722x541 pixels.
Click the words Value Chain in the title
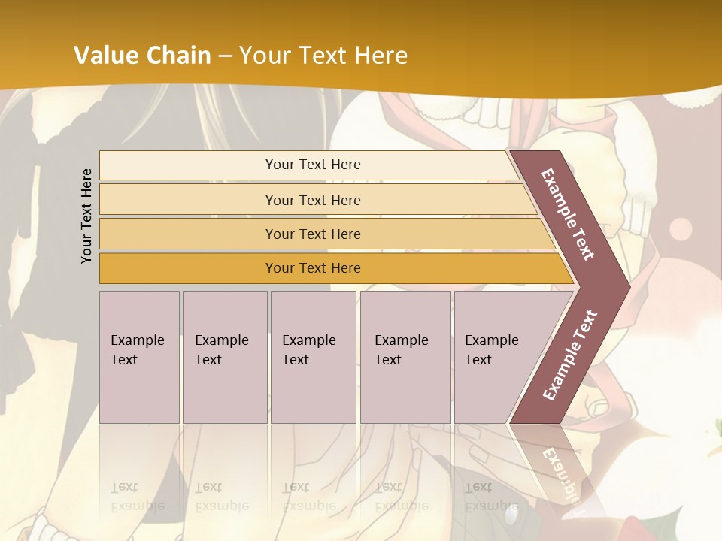pyautogui.click(x=142, y=56)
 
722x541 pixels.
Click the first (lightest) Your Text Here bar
pyautogui.click(x=312, y=165)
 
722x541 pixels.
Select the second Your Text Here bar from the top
pyautogui.click(x=312, y=200)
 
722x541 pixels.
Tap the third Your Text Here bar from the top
pyautogui.click(x=312, y=234)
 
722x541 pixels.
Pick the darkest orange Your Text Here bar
pyautogui.click(x=312, y=268)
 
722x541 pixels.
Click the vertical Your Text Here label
pyautogui.click(x=86, y=216)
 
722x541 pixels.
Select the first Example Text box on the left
pyautogui.click(x=139, y=356)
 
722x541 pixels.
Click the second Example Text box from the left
pyautogui.click(x=224, y=356)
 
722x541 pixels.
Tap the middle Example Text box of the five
pyautogui.click(x=313, y=356)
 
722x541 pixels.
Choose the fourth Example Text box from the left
pyautogui.click(x=405, y=356)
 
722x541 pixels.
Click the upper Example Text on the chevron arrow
pyautogui.click(x=568, y=214)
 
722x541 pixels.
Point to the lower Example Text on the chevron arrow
pyautogui.click(x=570, y=355)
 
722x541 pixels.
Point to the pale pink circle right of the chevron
pyautogui.click(x=681, y=229)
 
